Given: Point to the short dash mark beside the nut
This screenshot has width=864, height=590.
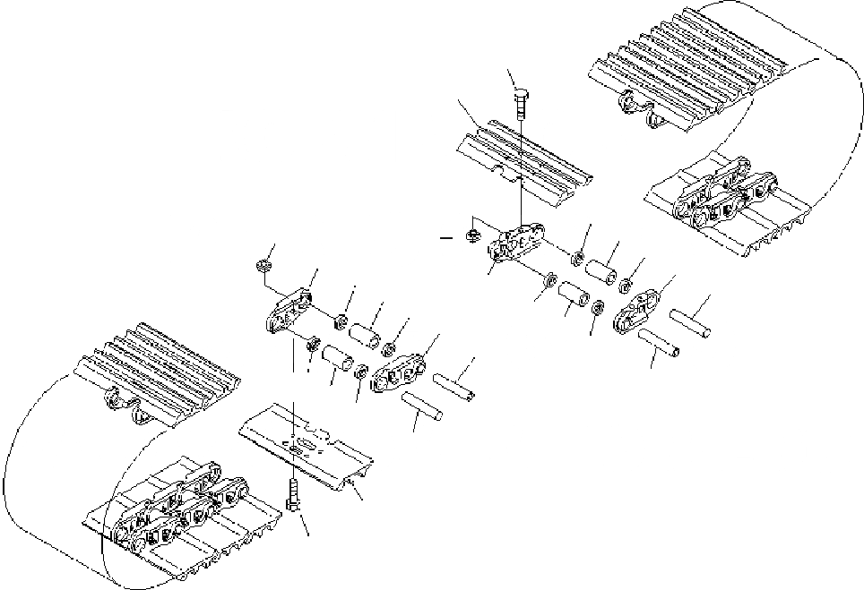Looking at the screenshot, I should (444, 238).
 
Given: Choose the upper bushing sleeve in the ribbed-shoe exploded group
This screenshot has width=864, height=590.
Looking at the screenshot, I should (600, 267).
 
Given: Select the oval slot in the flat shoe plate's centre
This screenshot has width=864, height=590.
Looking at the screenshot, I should (304, 446).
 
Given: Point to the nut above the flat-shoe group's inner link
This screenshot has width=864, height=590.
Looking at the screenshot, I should (263, 266).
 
